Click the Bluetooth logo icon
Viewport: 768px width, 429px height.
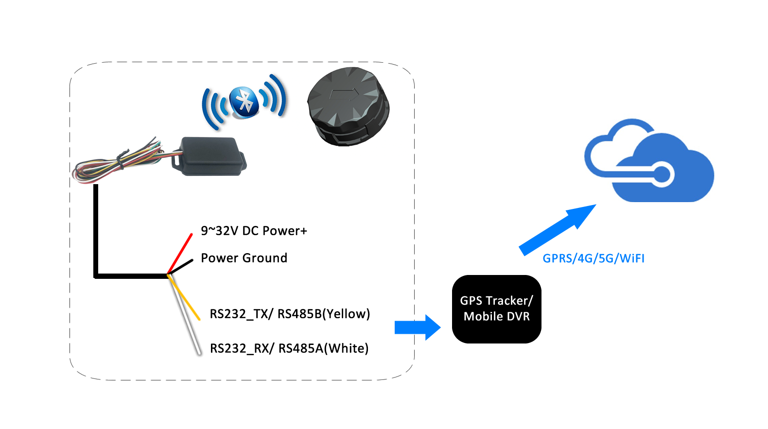244,102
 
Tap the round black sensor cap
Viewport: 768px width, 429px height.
348,106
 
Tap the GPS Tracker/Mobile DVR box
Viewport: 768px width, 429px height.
496,309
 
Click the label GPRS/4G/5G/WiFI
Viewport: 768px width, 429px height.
593,258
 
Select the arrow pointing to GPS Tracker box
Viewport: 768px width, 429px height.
418,327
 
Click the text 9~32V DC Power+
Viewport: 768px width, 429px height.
254,231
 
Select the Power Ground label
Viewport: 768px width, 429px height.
244,258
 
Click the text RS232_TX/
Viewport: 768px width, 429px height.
241,314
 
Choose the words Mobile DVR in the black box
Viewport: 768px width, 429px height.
496,317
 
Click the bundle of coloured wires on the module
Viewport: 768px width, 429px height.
122,162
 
